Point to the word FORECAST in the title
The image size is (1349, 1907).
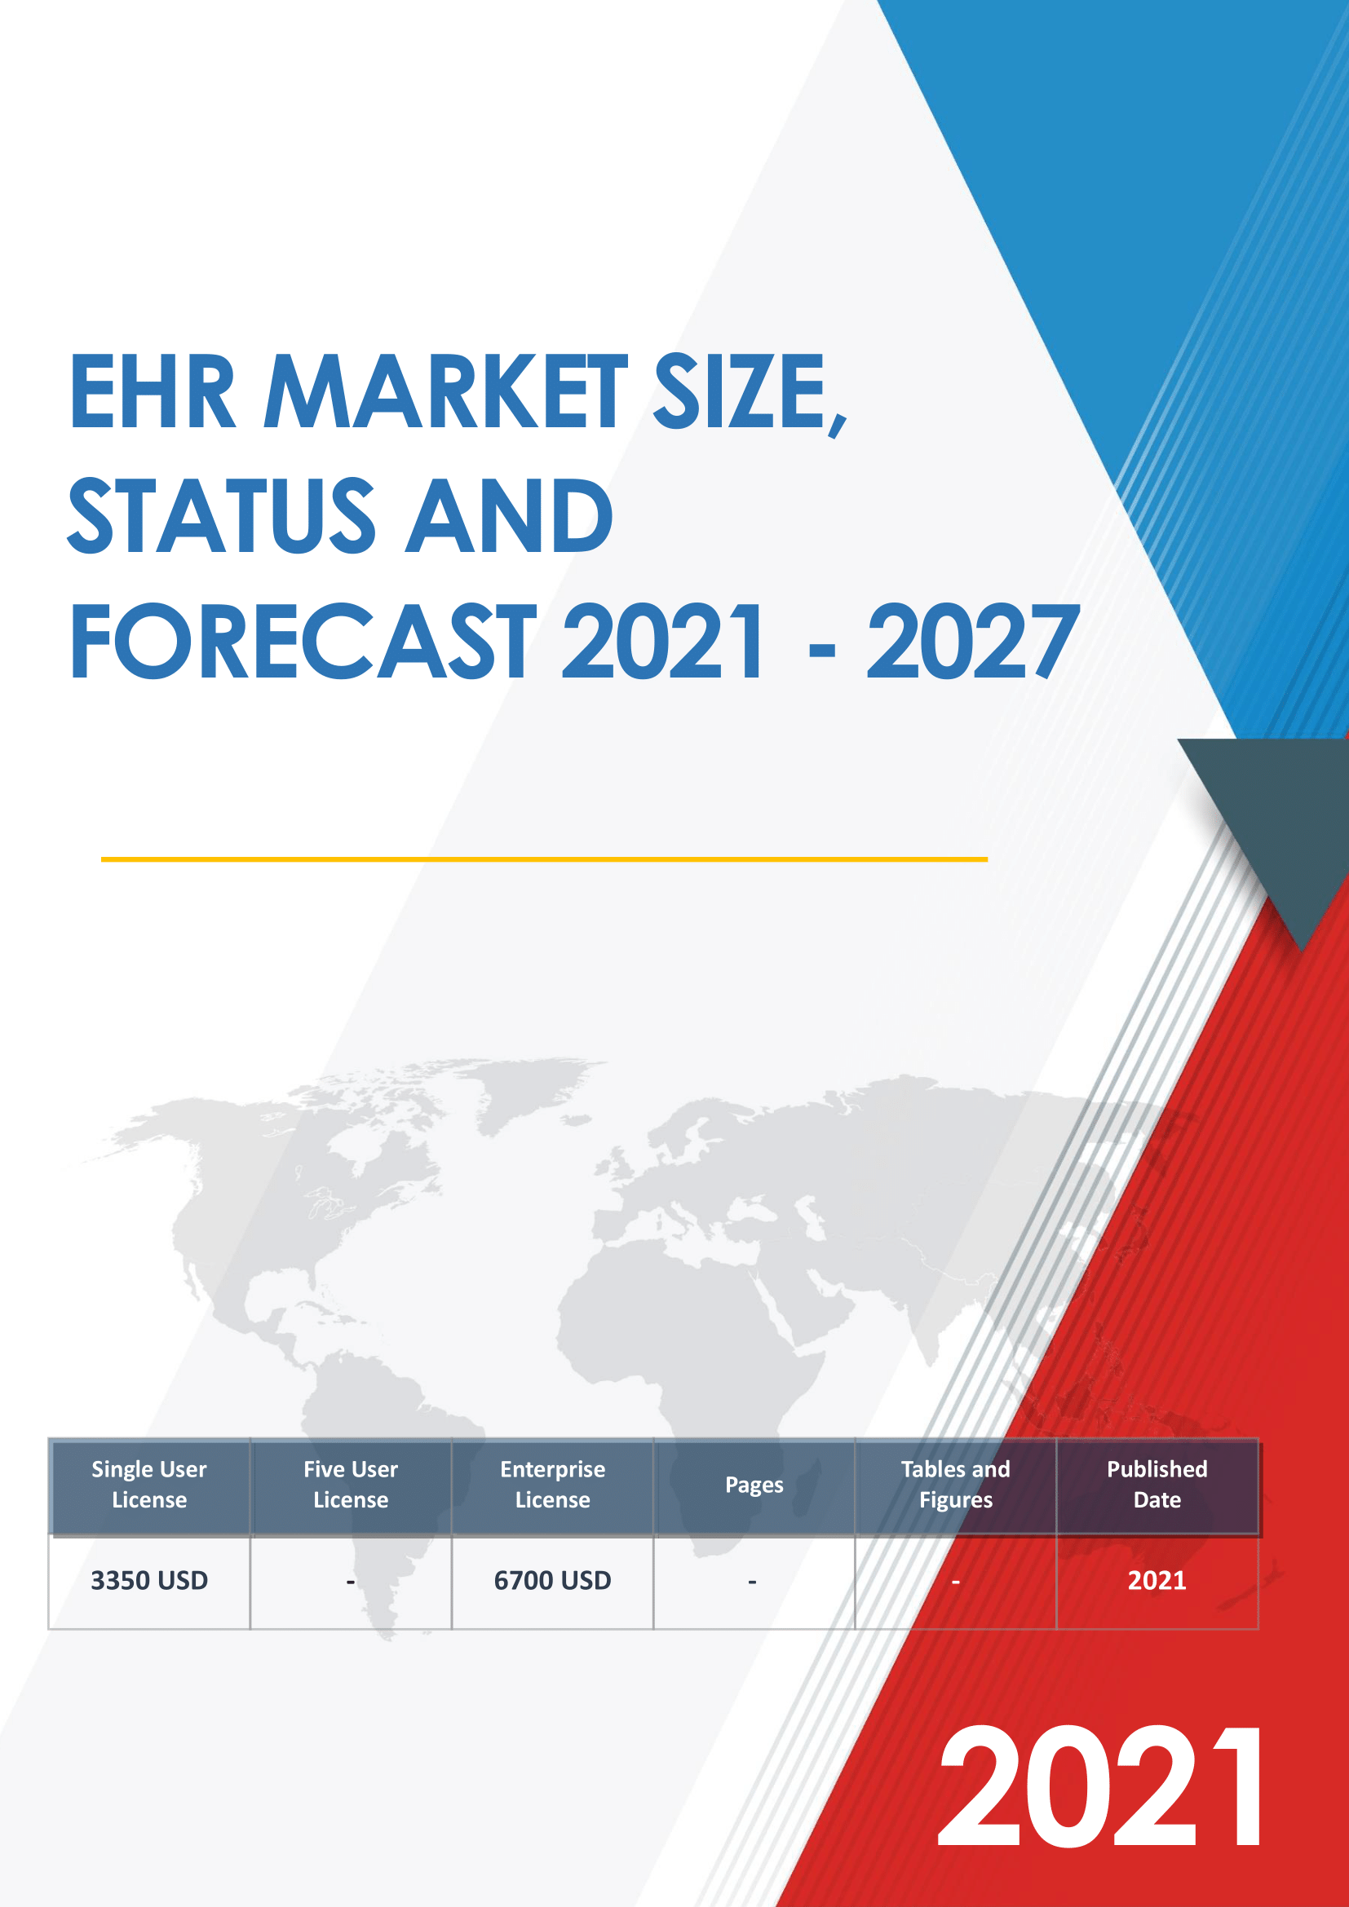[303, 641]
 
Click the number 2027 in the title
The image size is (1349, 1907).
[973, 641]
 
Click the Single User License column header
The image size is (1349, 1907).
[149, 1484]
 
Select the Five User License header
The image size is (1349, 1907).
[351, 1484]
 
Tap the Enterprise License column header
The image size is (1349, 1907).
[552, 1484]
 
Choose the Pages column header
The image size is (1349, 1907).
[754, 1485]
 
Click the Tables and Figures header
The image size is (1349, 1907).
[955, 1484]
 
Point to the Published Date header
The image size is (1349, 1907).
[1157, 1484]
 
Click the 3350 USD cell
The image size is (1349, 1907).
[149, 1580]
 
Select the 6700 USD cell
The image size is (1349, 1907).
[552, 1580]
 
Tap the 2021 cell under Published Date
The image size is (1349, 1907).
[1157, 1580]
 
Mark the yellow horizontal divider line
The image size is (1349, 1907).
[544, 859]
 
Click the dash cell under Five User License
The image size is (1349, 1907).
[351, 1581]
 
